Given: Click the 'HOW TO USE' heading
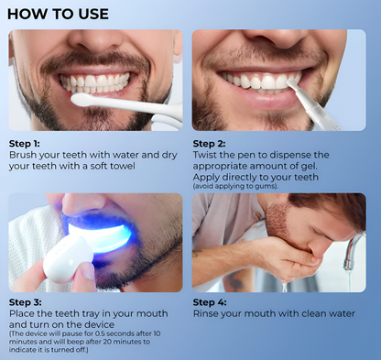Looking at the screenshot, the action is click(58, 14).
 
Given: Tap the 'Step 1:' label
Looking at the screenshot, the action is click(25, 144).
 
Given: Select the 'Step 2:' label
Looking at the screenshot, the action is click(209, 144).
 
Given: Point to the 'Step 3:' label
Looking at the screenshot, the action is click(25, 302).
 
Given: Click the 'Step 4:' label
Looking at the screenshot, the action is click(210, 302).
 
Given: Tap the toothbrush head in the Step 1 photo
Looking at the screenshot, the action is click(84, 100).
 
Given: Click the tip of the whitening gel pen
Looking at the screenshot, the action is click(290, 82).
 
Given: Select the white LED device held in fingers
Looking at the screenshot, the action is click(68, 259).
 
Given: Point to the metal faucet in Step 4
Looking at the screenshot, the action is click(354, 251).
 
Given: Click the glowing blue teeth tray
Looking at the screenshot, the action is click(101, 236).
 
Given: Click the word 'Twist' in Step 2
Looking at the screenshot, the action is click(204, 155).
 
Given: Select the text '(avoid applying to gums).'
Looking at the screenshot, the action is click(235, 186).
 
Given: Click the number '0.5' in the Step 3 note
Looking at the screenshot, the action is click(100, 333).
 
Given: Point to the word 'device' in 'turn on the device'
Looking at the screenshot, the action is click(99, 324).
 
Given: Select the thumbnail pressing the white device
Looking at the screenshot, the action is click(88, 272).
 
